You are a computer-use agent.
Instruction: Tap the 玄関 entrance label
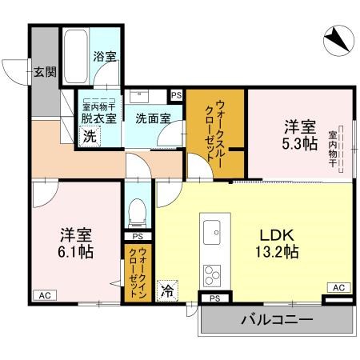[x=44, y=72]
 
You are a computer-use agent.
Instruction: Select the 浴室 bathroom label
[x=103, y=58]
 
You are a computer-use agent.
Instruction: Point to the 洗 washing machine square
[x=90, y=136]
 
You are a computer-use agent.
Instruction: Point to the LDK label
[x=277, y=236]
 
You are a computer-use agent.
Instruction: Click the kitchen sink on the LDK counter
[x=213, y=233]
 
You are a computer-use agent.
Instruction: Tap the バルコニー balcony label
[x=276, y=322]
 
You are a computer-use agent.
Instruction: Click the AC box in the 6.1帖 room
[x=45, y=295]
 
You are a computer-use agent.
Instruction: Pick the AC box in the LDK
[x=338, y=287]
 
